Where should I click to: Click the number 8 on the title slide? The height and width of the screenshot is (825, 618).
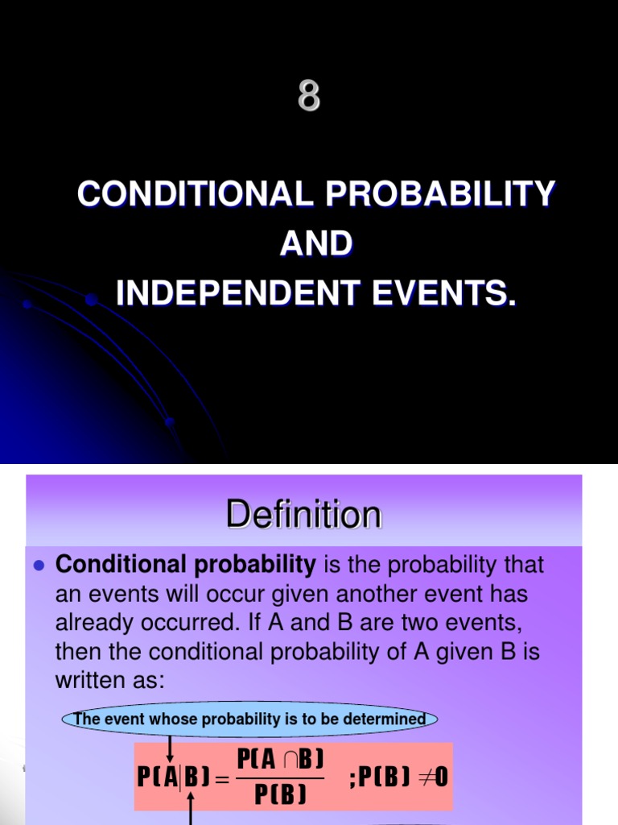click(309, 97)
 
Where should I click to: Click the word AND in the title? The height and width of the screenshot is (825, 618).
click(315, 244)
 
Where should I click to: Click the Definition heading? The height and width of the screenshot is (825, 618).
click(303, 515)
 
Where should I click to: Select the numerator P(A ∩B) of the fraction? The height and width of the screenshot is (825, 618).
click(280, 759)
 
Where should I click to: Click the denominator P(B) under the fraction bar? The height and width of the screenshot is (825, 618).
click(281, 794)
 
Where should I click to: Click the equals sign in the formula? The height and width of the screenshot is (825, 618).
click(222, 778)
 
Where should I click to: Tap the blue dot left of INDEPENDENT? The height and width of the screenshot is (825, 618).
click(92, 300)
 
